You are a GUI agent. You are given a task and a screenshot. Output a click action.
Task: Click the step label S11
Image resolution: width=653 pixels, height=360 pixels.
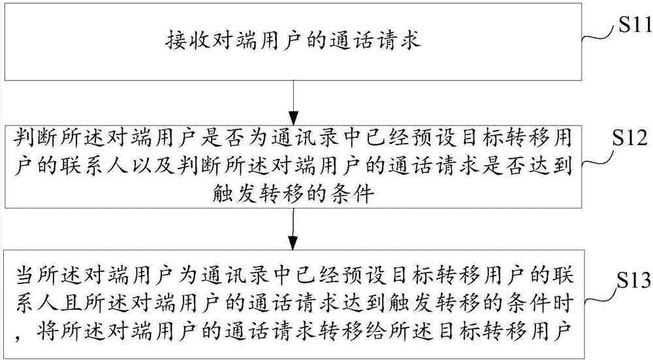click(629, 28)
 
